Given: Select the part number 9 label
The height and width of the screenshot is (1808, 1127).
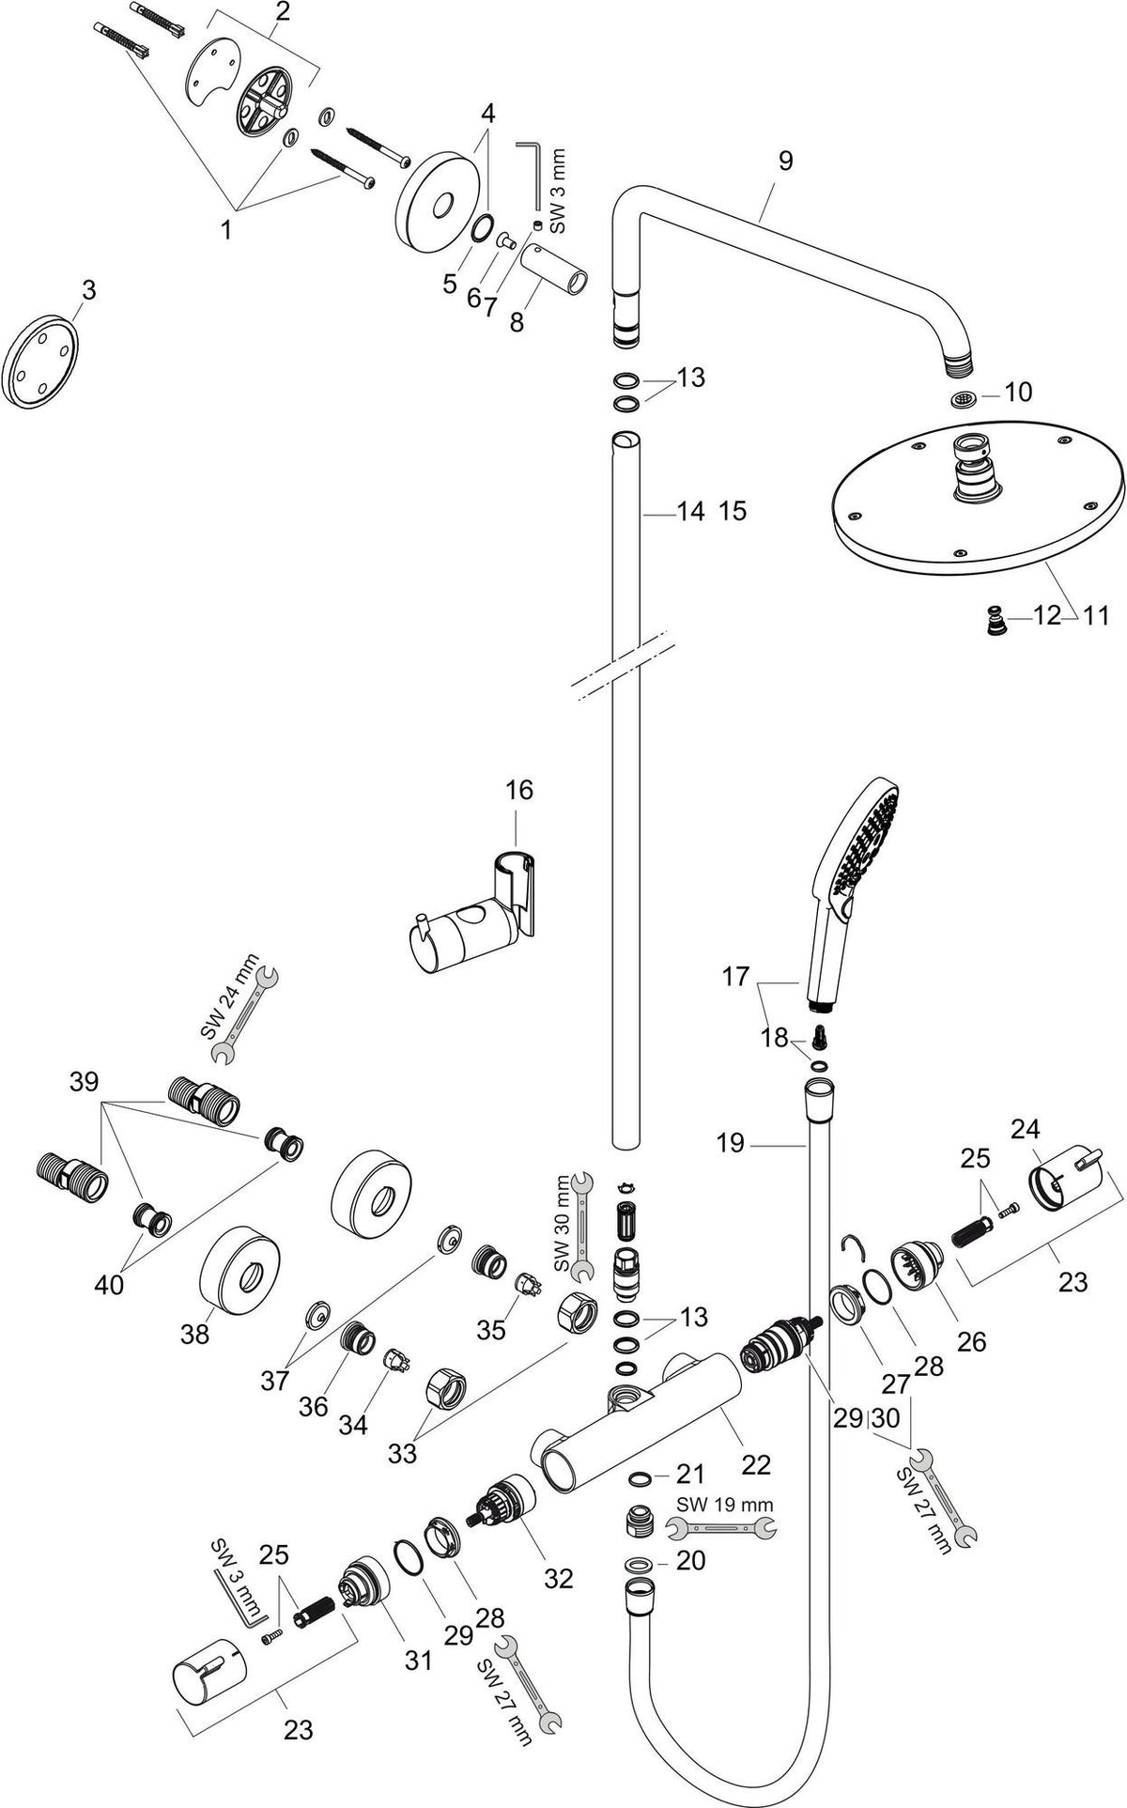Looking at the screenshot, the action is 785,161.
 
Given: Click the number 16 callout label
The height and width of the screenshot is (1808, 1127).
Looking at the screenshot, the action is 519,790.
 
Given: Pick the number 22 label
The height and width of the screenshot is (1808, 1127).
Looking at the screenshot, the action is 756,1464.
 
